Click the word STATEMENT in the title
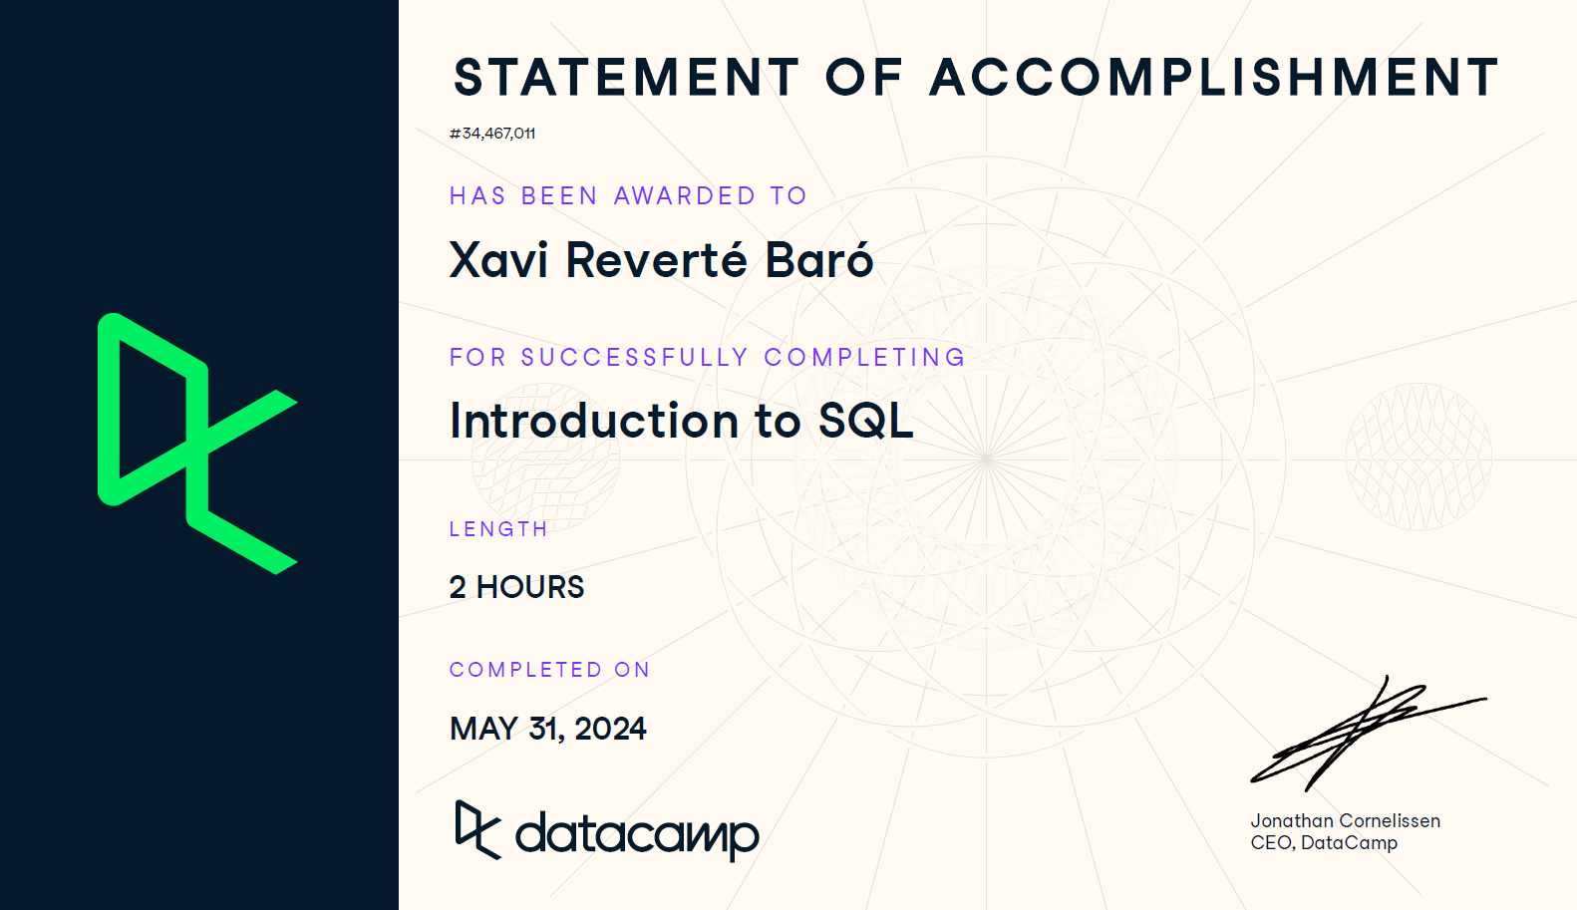tap(627, 77)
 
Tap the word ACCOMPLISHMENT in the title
tap(1214, 77)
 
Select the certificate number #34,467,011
tap(492, 133)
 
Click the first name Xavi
tap(498, 260)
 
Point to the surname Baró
tap(818, 259)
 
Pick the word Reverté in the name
tap(656, 259)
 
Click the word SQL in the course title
tap(865, 421)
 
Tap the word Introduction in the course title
tap(594, 421)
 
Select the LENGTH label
tap(498, 529)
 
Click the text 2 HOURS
tap(516, 587)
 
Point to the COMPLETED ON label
tap(549, 670)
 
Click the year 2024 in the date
tap(610, 729)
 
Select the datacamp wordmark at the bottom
tap(638, 835)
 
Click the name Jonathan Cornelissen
tap(1346, 820)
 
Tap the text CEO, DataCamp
tap(1324, 842)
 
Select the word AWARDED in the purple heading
tap(685, 195)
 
